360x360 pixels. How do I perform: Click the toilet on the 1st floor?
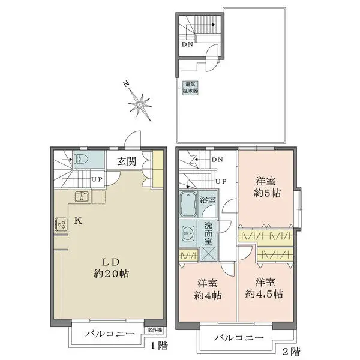click(x=79, y=158)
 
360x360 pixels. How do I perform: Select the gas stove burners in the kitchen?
click(x=62, y=224)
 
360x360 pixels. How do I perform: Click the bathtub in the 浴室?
click(x=188, y=205)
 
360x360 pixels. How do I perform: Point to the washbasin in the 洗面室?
click(x=188, y=234)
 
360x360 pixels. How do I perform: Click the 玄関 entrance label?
click(x=127, y=161)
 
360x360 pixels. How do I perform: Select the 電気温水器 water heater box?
click(x=190, y=88)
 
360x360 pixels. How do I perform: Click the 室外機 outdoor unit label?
click(x=155, y=330)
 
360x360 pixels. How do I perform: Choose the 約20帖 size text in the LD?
click(x=111, y=274)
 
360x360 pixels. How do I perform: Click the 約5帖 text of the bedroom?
click(x=267, y=193)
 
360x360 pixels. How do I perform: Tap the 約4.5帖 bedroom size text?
click(x=264, y=294)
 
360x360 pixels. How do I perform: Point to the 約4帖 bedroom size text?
click(x=208, y=295)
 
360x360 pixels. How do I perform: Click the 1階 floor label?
click(x=159, y=345)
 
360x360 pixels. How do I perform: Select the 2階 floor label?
click(x=292, y=351)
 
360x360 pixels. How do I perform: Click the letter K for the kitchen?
click(x=78, y=221)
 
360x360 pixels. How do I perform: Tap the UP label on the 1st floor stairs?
click(x=97, y=179)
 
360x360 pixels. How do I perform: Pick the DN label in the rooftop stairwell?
click(x=187, y=44)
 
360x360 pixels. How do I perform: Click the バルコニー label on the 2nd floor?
click(x=239, y=337)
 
